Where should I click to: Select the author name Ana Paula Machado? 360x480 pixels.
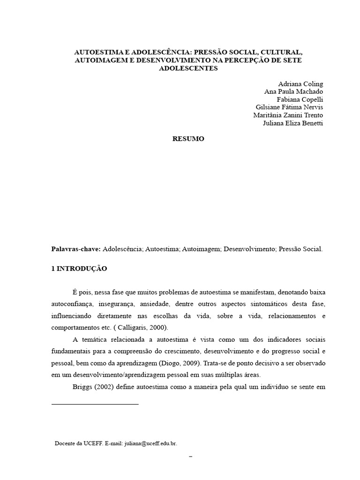coord(293,91)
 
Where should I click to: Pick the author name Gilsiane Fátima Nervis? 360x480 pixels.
coord(288,107)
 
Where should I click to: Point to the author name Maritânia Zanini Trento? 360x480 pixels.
coord(288,115)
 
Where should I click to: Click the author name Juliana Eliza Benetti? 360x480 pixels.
coord(294,123)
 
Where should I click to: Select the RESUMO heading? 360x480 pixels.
coord(188,139)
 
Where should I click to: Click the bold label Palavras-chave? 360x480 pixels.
coord(76,249)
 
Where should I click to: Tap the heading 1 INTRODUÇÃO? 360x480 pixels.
coord(79,269)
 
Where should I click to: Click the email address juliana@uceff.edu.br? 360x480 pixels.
coord(150,443)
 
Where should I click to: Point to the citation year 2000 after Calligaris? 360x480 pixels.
coord(157,328)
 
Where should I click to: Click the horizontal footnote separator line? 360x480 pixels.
coord(95,404)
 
